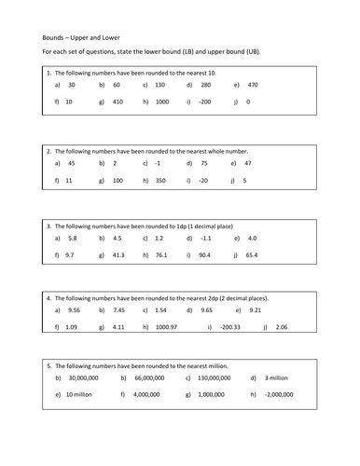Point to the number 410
pos(118,101)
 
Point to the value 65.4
pos(252,254)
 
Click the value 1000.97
pos(167,327)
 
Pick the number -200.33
pos(230,327)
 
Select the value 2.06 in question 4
pos(282,327)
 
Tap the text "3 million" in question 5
pos(279,378)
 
